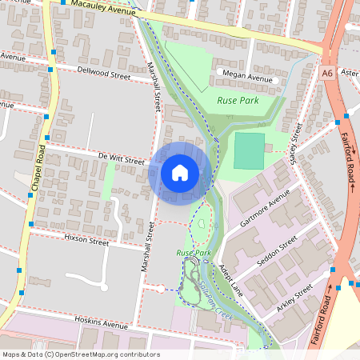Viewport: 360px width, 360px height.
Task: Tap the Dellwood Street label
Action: (104, 74)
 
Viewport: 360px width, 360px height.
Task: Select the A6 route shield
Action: (326, 73)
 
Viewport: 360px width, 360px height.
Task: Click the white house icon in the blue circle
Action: (180, 172)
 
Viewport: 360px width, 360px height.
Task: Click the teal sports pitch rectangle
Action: (249, 150)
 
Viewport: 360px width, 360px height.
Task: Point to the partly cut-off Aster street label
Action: (350, 72)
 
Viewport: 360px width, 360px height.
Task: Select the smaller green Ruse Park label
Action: (193, 253)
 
